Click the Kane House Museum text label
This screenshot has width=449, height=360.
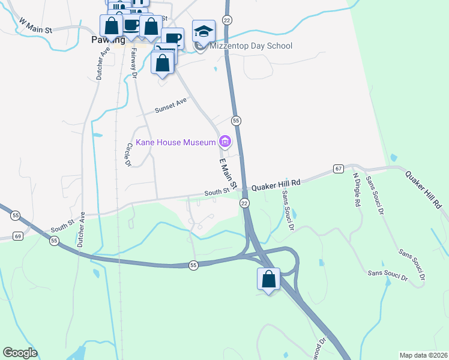click(x=175, y=142)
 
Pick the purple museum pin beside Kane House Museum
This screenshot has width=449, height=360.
click(x=225, y=142)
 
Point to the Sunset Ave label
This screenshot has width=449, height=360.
click(x=171, y=106)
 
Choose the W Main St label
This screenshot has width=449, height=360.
click(x=36, y=26)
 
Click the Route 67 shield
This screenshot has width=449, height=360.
click(x=339, y=169)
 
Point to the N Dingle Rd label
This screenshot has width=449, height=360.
click(x=356, y=190)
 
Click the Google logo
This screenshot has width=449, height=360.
click(x=20, y=353)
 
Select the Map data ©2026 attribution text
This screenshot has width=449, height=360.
click(x=423, y=355)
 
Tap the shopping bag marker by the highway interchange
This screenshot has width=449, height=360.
click(x=268, y=279)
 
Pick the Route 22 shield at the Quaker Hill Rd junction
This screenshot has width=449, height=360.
click(x=244, y=203)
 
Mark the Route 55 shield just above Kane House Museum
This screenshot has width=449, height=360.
click(x=237, y=121)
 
